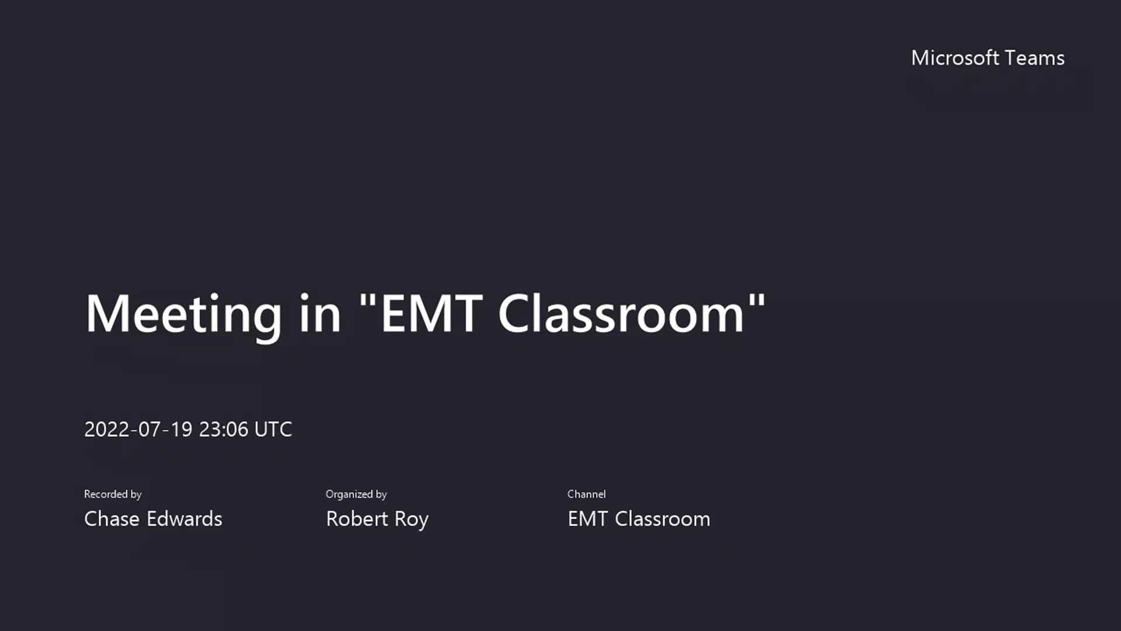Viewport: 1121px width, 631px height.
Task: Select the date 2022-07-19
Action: tap(138, 429)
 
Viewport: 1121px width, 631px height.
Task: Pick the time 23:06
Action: tap(224, 429)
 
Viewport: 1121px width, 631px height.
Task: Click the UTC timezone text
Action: tap(273, 429)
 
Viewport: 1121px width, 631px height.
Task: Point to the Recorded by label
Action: tap(113, 494)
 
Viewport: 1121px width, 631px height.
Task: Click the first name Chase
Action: tap(112, 519)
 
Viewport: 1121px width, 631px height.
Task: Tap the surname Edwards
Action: tap(184, 519)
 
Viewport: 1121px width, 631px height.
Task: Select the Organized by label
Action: tap(356, 494)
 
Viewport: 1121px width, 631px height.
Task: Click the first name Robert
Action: tap(357, 519)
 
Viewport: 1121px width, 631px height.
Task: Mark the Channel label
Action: tap(587, 494)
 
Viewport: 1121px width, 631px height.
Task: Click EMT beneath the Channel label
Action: tap(588, 519)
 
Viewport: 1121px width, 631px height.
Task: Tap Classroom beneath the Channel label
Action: tap(663, 519)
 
